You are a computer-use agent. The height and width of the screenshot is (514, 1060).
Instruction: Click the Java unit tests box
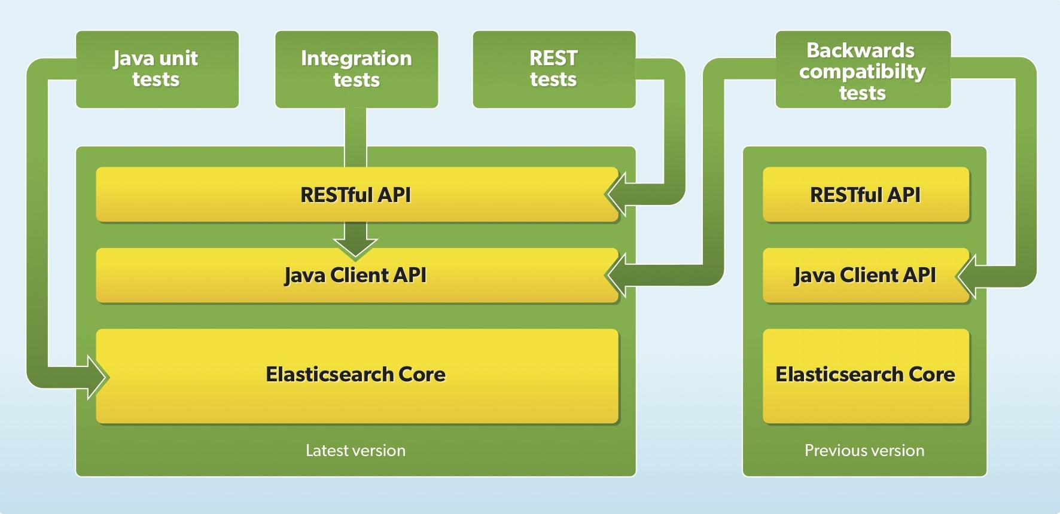pos(157,69)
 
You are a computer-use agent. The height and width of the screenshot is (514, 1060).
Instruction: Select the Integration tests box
pos(357,69)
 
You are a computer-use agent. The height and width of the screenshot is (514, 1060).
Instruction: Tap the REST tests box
pos(554,69)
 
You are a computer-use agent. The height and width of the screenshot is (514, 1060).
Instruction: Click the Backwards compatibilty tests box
pos(863,69)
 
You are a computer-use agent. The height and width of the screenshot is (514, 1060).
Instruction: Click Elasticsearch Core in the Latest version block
pos(357,375)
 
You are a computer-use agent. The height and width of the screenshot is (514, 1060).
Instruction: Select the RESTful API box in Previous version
pos(865,195)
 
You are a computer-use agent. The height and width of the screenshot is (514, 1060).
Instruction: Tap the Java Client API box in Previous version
pos(865,276)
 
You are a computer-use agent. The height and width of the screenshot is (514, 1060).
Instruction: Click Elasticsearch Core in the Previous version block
pos(865,375)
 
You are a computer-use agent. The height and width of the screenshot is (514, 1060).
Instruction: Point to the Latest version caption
pos(355,451)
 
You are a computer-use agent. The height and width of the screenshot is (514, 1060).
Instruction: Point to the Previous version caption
pos(864,451)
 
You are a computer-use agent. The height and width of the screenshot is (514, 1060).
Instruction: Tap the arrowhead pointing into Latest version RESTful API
pos(617,194)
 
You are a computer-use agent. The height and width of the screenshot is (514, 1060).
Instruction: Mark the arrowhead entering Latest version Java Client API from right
pos(617,276)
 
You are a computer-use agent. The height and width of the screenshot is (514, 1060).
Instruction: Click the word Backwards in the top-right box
pos(860,50)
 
